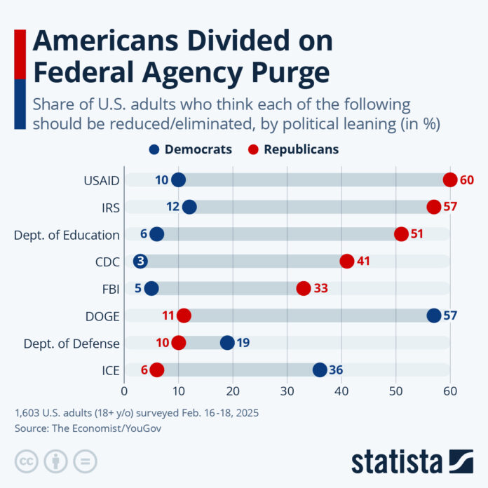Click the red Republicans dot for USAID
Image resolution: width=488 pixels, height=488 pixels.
click(x=450, y=179)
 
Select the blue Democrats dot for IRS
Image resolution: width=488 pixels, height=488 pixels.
click(x=189, y=207)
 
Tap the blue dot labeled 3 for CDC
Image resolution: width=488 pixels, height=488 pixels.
click(x=140, y=262)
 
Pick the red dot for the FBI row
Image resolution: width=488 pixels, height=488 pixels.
click(x=304, y=288)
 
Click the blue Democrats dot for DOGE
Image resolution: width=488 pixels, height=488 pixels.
click(x=434, y=316)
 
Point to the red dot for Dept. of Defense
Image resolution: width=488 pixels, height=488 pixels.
click(x=179, y=343)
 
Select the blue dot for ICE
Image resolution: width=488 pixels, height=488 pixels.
click(x=320, y=370)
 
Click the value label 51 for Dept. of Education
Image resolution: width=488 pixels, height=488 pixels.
click(x=417, y=234)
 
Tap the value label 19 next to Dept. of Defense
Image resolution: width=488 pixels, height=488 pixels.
click(x=243, y=343)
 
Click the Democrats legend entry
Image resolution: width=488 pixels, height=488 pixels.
click(x=191, y=149)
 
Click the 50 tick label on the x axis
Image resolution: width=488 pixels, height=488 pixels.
click(x=396, y=391)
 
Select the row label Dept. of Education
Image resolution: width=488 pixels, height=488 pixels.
click(x=67, y=235)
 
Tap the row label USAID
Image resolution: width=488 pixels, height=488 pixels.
click(x=102, y=180)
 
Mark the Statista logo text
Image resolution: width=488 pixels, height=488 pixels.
click(x=396, y=461)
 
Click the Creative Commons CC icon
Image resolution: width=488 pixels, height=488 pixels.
click(x=27, y=461)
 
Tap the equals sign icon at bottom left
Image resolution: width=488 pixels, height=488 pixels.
click(x=86, y=461)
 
